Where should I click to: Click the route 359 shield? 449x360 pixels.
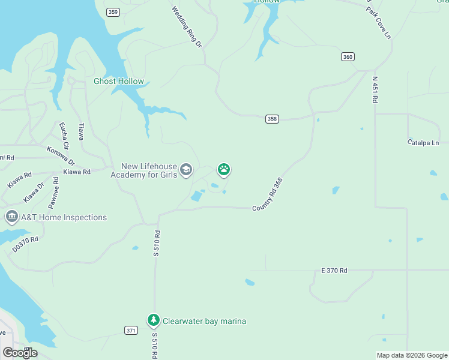(x=112, y=12)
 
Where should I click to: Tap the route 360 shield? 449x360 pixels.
(x=348, y=56)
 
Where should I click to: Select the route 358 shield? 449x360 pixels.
(x=272, y=119)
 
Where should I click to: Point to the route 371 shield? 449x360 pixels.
(x=132, y=331)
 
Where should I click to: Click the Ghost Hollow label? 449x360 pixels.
(x=119, y=81)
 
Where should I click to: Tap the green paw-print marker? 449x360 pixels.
(x=224, y=170)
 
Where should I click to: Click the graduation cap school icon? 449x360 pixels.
(x=186, y=170)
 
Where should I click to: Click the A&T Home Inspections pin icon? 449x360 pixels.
(x=11, y=216)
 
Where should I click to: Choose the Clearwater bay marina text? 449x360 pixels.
(x=204, y=321)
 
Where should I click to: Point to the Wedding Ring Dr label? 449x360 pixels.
(x=187, y=27)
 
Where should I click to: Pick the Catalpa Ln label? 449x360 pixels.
(x=423, y=143)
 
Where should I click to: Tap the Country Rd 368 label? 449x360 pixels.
(x=268, y=194)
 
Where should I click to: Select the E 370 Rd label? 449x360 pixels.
(x=334, y=271)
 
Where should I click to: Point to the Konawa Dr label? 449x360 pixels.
(x=61, y=155)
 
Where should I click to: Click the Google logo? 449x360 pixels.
(x=20, y=353)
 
